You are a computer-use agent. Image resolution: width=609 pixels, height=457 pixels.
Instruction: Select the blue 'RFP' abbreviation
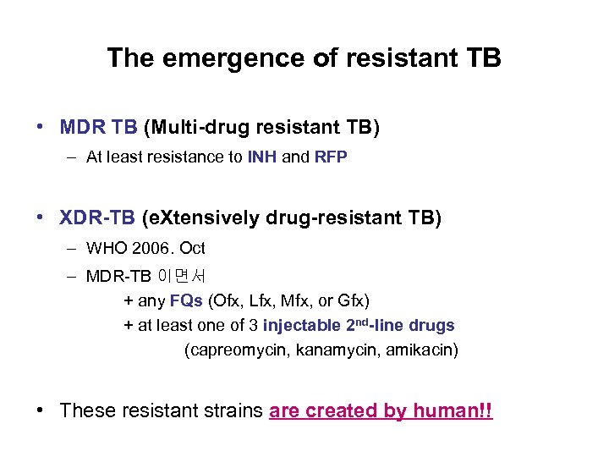tap(331, 157)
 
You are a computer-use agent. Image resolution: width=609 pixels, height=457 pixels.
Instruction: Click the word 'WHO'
tap(105, 249)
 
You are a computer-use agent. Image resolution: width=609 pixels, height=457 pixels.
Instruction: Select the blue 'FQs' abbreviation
tap(186, 300)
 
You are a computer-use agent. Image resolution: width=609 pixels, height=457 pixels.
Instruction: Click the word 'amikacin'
tap(420, 350)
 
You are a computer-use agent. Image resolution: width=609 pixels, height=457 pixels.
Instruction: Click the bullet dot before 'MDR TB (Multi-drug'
tap(41, 128)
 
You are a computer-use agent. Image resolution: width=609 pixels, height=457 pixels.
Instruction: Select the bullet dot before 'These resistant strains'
tap(41, 411)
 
